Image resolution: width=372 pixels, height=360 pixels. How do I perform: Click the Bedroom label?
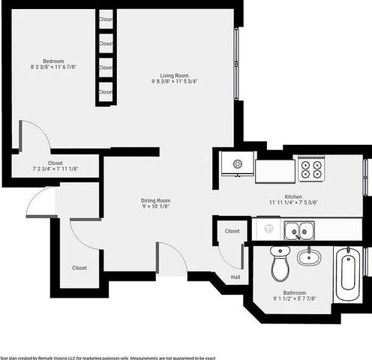[x=52, y=61]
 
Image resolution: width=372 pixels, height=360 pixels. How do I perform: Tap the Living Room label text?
[x=173, y=74]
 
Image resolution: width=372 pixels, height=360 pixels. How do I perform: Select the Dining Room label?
[x=156, y=200]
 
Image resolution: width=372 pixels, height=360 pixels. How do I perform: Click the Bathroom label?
[x=293, y=292]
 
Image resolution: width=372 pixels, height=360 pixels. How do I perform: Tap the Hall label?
[x=235, y=277]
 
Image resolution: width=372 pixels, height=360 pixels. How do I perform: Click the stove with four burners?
[x=312, y=169]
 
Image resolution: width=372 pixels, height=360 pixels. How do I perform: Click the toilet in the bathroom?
[x=280, y=262]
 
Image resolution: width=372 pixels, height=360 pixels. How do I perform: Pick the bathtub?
[x=347, y=274]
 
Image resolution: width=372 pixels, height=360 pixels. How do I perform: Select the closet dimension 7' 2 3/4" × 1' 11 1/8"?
[x=55, y=169]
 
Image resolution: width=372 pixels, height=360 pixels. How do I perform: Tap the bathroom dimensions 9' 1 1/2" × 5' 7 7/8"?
[x=293, y=300]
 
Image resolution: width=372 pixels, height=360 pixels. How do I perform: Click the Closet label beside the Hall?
[x=232, y=231]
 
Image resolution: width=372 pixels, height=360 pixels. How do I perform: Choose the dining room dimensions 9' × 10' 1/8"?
[x=156, y=208]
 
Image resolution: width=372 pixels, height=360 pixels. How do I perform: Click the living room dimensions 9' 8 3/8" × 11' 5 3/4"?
[x=173, y=82]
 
